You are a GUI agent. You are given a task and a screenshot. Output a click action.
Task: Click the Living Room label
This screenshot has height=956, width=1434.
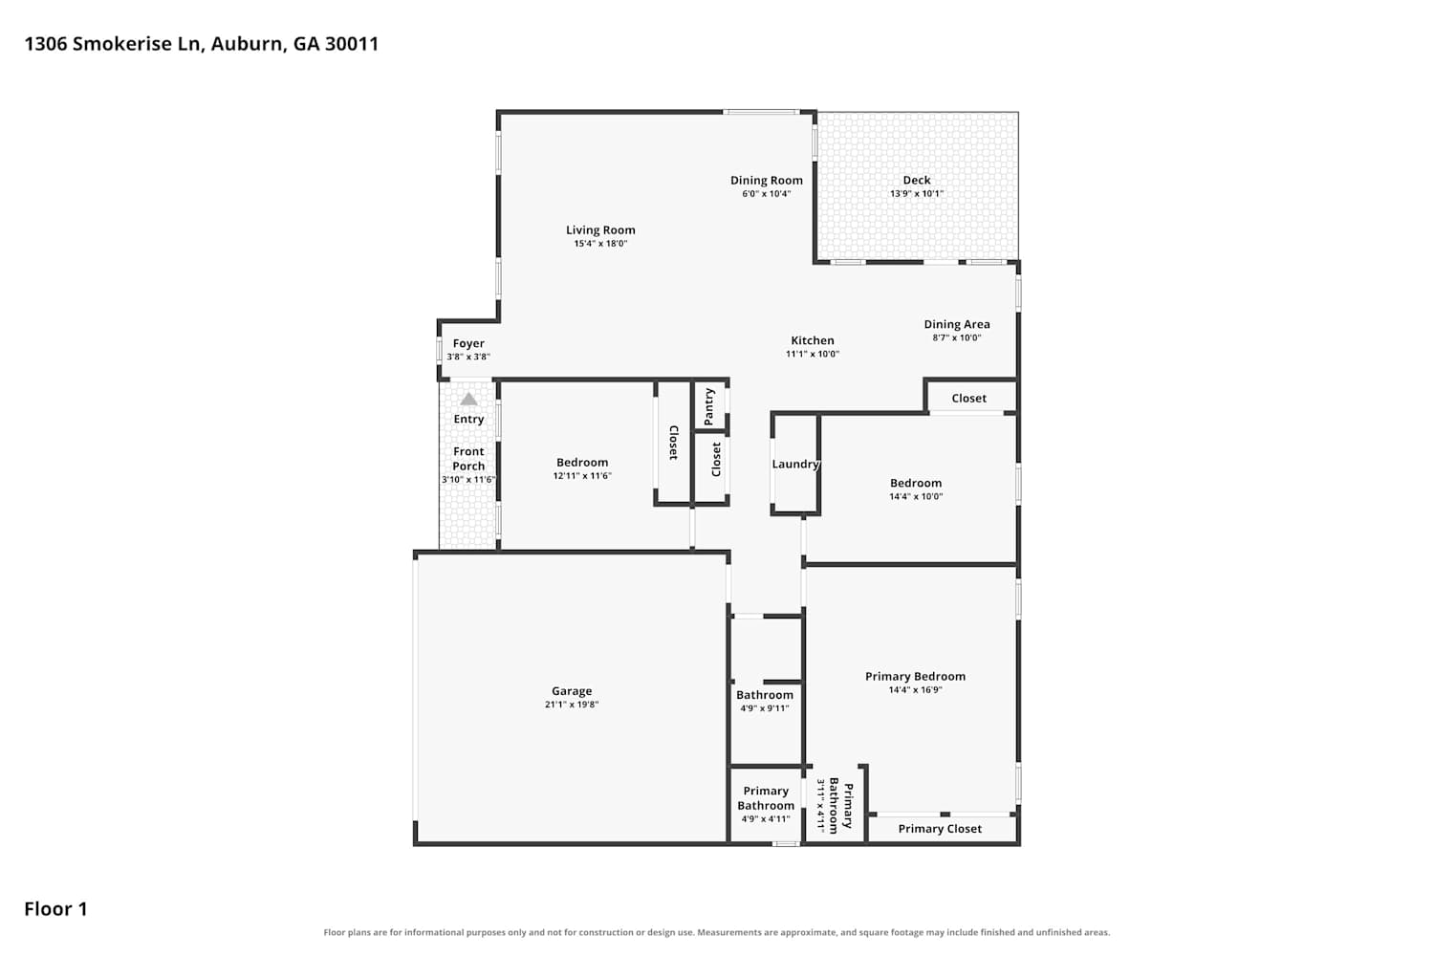(x=599, y=229)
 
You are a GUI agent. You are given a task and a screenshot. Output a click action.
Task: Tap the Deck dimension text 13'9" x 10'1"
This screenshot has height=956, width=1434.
(x=916, y=193)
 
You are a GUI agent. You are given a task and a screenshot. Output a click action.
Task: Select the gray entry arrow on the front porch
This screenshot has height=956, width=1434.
(x=468, y=399)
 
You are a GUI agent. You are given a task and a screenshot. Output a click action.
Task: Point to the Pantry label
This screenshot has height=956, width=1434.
(x=708, y=406)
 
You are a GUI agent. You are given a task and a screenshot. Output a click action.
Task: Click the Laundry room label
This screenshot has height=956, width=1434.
(x=795, y=465)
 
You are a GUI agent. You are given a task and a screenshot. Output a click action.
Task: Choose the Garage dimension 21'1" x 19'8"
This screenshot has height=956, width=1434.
(x=571, y=705)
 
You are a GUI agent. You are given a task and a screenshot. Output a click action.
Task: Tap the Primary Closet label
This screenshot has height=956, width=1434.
(x=939, y=829)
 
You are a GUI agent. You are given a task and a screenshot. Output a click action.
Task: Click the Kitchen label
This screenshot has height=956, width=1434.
(x=812, y=340)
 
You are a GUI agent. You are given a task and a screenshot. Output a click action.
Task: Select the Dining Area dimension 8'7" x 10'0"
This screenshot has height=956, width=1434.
(x=956, y=337)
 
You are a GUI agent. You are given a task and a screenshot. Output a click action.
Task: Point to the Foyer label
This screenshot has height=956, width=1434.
(x=468, y=344)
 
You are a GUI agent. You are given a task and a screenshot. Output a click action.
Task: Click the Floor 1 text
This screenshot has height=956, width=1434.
(x=55, y=908)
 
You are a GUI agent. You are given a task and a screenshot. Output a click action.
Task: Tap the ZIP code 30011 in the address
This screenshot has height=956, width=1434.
(x=352, y=44)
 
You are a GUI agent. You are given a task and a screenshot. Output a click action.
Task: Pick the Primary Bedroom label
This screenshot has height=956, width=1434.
(x=915, y=676)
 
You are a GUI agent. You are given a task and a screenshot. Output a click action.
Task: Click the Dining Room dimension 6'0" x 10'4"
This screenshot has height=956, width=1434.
(x=767, y=193)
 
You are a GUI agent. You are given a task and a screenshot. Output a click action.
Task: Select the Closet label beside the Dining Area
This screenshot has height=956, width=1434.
(x=968, y=399)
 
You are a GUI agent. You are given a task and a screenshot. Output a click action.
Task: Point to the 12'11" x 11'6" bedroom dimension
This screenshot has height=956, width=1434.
(x=582, y=476)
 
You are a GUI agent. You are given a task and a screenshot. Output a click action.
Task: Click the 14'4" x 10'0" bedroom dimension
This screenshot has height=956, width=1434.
(x=916, y=496)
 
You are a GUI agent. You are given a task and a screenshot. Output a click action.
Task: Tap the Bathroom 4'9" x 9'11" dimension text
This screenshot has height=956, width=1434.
(x=765, y=708)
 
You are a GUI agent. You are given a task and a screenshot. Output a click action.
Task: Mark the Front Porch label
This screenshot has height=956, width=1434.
(x=468, y=459)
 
